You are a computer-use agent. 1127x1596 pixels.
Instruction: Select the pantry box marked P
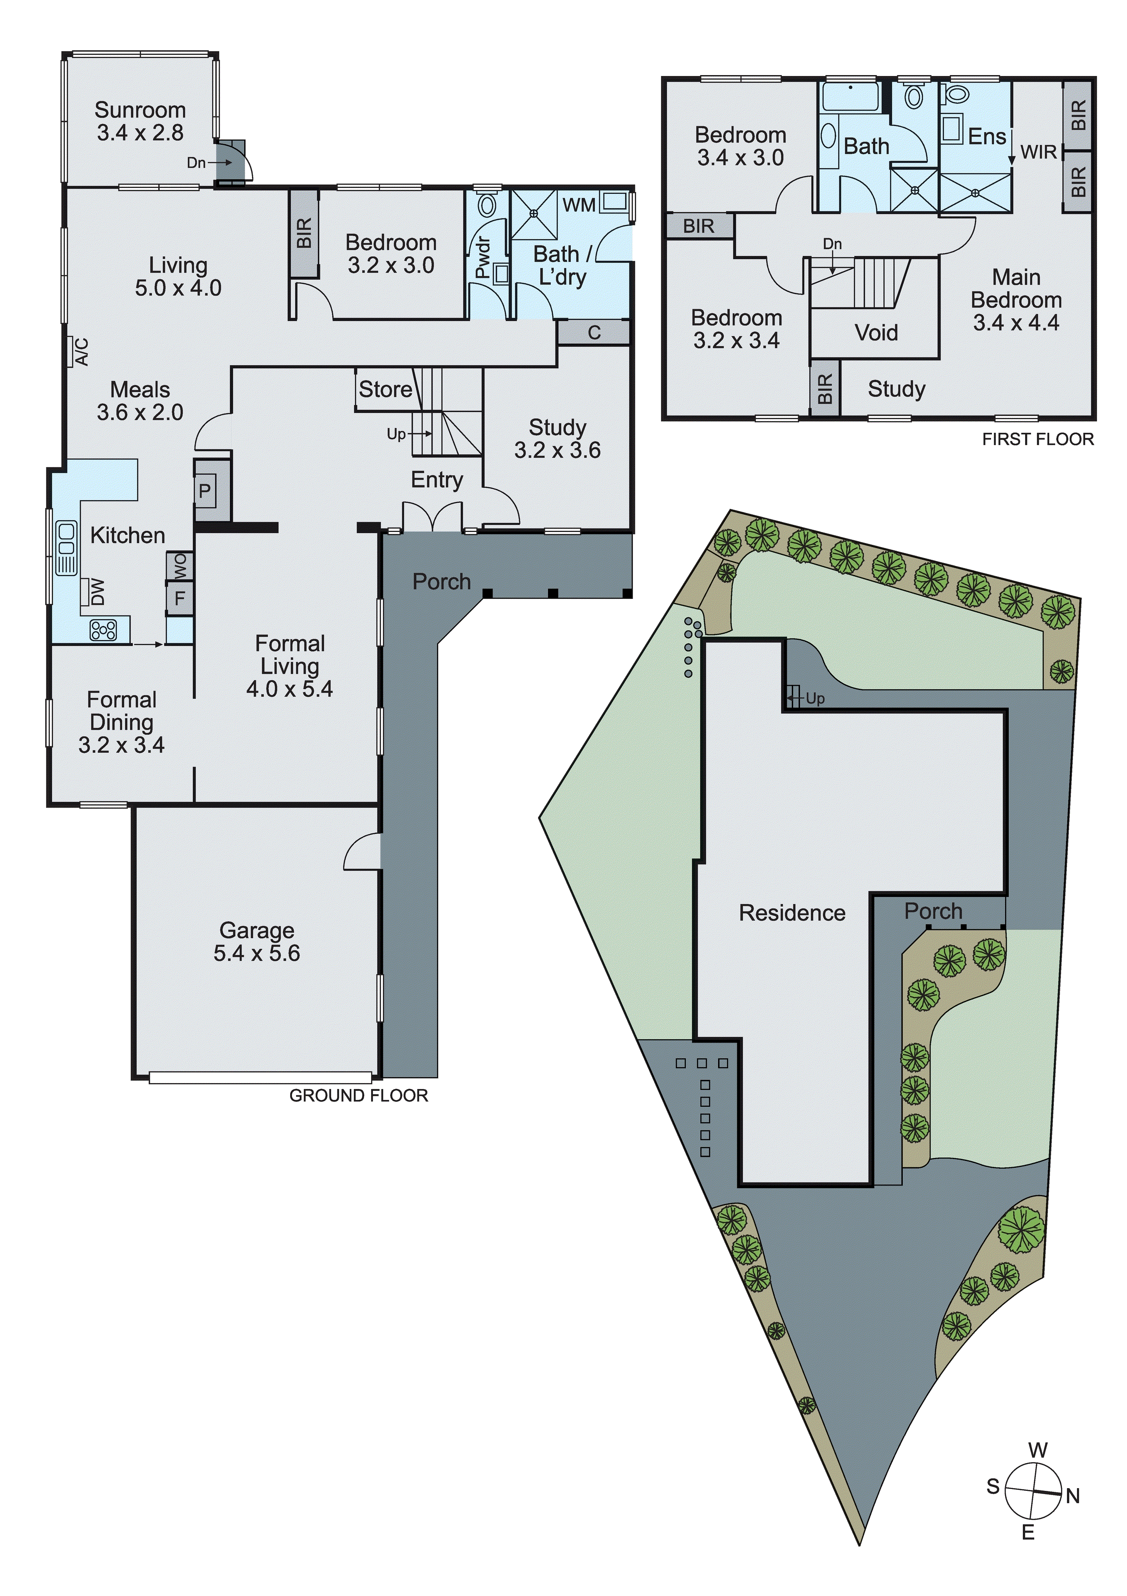(x=204, y=491)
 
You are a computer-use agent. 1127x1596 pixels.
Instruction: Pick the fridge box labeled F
(x=179, y=598)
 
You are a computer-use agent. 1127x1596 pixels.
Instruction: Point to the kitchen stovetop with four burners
(x=103, y=630)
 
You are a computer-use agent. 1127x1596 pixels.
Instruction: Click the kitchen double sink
(x=66, y=548)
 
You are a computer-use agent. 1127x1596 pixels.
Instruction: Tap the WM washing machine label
(x=579, y=205)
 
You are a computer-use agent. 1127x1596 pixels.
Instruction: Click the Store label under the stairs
(x=385, y=389)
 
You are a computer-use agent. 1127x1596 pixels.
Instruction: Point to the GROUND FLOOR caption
(x=358, y=1095)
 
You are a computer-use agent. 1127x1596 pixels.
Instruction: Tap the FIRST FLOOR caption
(x=1037, y=439)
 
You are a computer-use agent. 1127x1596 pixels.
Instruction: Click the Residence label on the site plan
(x=792, y=913)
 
